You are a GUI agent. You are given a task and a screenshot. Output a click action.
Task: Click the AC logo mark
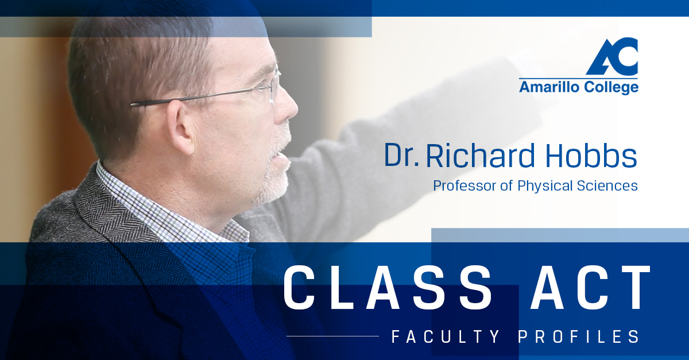click(612, 56)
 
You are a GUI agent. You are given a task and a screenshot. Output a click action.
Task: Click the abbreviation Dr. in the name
click(402, 155)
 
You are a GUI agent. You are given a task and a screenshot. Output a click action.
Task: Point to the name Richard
click(481, 155)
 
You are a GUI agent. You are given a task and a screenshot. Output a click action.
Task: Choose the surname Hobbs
click(591, 155)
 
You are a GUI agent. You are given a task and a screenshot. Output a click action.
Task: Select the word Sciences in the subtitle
click(607, 185)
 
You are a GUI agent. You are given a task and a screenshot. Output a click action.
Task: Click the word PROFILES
click(579, 336)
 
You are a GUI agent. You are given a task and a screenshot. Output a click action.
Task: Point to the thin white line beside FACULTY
click(332, 336)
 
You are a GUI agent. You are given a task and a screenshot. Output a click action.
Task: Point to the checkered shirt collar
click(169, 209)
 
